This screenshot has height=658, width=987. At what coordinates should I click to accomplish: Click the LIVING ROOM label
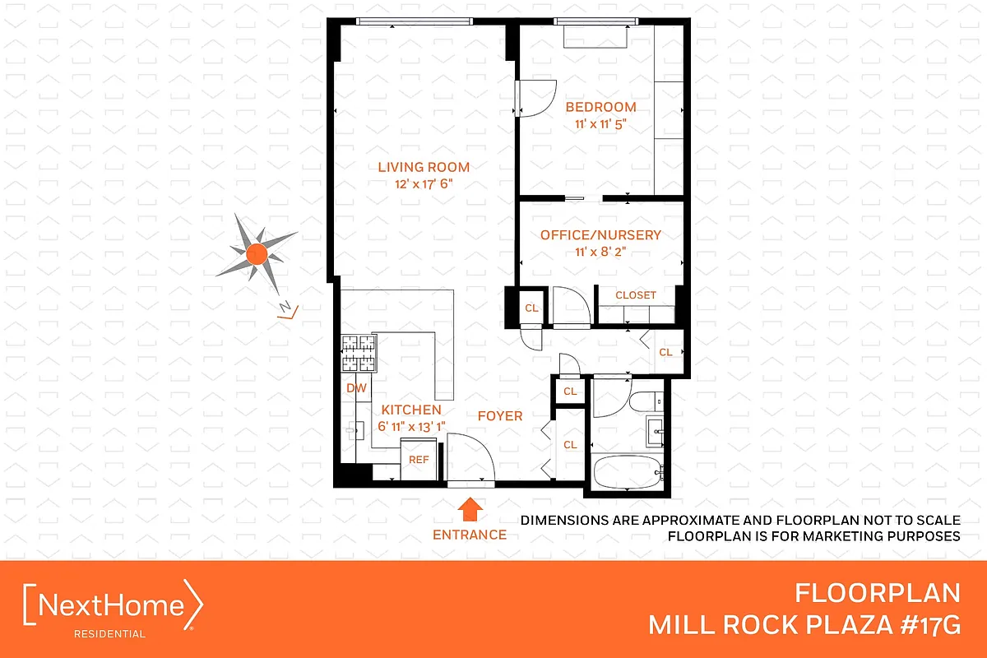tap(424, 167)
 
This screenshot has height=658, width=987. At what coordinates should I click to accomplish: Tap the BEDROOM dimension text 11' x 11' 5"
tap(600, 124)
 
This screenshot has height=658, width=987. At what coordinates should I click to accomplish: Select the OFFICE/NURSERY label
tap(600, 235)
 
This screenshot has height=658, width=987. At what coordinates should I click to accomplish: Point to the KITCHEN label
tap(410, 410)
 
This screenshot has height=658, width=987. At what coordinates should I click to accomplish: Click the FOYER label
tap(500, 416)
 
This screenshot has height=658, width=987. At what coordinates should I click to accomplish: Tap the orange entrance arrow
tap(470, 510)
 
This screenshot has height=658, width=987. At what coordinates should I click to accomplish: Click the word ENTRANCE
tap(470, 535)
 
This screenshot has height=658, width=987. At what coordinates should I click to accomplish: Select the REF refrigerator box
tap(419, 460)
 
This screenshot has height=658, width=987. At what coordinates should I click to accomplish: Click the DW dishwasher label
tap(355, 388)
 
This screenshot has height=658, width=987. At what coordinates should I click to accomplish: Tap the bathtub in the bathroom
tap(627, 472)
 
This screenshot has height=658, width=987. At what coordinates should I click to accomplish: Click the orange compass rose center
tap(256, 253)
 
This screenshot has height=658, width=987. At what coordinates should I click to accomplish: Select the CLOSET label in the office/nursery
tap(636, 295)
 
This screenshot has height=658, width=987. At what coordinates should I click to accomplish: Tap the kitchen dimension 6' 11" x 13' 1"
tap(410, 426)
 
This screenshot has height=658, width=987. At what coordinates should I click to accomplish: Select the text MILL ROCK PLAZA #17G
tap(804, 624)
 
